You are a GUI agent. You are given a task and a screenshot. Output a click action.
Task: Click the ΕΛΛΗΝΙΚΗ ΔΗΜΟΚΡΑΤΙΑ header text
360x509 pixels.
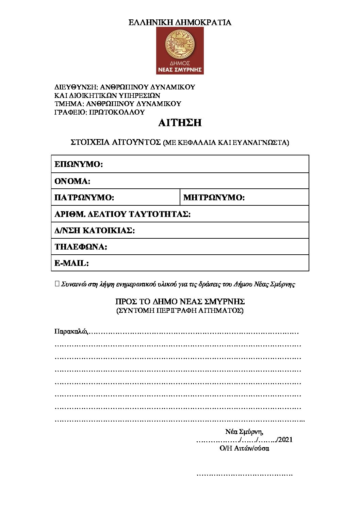180,23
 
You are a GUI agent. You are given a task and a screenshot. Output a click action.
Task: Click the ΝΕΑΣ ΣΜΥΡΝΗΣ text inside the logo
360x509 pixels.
180,70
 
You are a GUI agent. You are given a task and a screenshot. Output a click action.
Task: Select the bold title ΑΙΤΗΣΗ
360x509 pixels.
180,123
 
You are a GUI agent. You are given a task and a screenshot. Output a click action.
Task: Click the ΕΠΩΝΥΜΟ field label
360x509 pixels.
79,165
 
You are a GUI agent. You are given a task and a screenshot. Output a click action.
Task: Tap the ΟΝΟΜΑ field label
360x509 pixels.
72,181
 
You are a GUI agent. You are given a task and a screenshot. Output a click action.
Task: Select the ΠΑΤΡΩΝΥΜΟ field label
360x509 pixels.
84,198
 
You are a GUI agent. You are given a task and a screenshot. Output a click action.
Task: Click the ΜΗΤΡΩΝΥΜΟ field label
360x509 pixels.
214,198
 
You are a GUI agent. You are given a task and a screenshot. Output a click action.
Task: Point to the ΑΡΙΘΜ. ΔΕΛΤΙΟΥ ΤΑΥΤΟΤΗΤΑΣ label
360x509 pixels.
122,214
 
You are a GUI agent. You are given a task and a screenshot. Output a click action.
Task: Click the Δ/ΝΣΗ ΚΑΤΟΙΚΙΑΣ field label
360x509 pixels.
95,231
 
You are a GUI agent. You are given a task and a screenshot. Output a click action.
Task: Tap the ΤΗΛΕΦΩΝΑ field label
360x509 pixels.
81,247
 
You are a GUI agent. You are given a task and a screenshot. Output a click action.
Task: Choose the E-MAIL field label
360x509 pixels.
71,263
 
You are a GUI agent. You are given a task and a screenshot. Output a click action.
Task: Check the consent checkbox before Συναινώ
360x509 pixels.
57,284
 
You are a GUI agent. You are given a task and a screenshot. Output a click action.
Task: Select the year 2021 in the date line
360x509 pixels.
285,440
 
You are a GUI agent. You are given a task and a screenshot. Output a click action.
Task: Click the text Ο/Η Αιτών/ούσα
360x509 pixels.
244,448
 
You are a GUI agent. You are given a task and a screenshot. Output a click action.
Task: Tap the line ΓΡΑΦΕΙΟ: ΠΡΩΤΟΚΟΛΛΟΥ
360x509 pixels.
100,112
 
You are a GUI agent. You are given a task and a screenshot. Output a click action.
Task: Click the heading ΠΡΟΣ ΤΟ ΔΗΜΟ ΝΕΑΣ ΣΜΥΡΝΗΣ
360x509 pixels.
180,302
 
